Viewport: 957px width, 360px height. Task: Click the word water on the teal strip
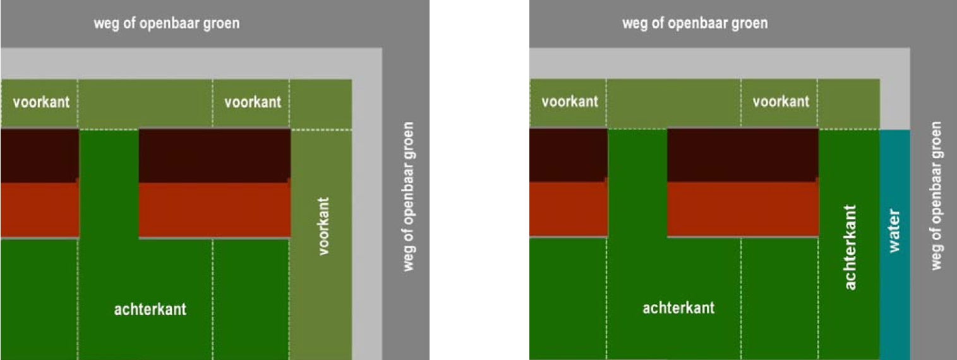pyautogui.click(x=894, y=232)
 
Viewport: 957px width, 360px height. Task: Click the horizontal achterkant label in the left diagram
pyautogui.click(x=150, y=309)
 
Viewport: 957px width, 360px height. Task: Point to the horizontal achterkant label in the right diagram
pyautogui.click(x=678, y=308)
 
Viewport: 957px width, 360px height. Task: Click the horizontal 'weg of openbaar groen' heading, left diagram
pyautogui.click(x=167, y=24)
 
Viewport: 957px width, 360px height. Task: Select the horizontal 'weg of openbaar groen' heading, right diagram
pyautogui.click(x=695, y=24)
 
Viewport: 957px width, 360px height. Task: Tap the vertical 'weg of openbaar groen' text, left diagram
pyautogui.click(x=409, y=196)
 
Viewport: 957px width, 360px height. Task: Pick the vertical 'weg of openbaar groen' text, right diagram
pyautogui.click(x=936, y=196)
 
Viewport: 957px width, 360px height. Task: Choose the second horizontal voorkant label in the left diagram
pyautogui.click(x=253, y=102)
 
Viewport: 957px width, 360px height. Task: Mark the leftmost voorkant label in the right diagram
pyautogui.click(x=570, y=102)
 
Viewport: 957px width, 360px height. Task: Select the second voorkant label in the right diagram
pyautogui.click(x=781, y=102)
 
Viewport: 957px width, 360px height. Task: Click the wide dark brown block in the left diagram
pyautogui.click(x=215, y=155)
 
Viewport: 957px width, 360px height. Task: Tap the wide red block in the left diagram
pyautogui.click(x=215, y=210)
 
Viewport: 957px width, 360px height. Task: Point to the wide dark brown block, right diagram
pyautogui.click(x=743, y=155)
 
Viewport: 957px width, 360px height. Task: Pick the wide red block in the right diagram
pyautogui.click(x=743, y=209)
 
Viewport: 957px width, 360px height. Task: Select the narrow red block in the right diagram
pyautogui.click(x=567, y=209)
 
